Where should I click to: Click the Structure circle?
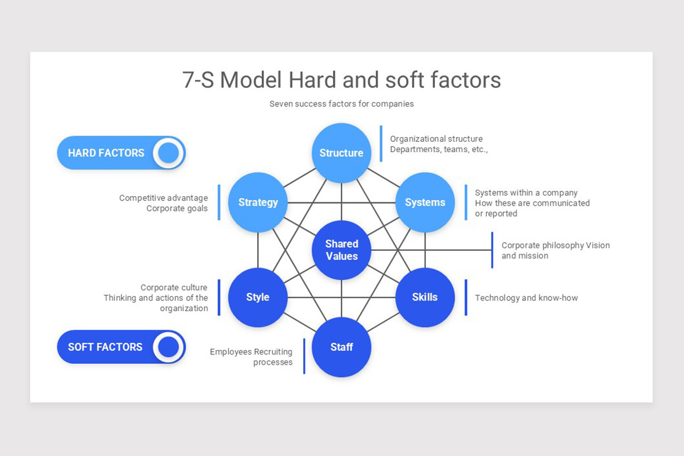[341, 153]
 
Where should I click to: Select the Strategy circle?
[258, 202]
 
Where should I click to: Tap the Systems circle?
[425, 202]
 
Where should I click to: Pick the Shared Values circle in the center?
[341, 250]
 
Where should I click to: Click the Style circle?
[258, 297]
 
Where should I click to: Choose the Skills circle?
[425, 297]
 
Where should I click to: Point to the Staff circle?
[341, 347]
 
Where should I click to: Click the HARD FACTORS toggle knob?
[169, 153]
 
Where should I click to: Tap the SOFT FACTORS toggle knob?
[169, 347]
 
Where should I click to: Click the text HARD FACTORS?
[106, 153]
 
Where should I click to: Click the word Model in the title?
[251, 80]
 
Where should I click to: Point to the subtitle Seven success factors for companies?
[341, 104]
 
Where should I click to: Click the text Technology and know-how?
[526, 298]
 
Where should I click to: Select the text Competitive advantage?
[164, 198]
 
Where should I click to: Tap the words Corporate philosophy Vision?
[555, 245]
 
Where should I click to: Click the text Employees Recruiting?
[251, 352]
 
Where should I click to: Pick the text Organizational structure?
[436, 139]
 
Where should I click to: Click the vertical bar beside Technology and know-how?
[466, 297]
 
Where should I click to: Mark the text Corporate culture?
[174, 287]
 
